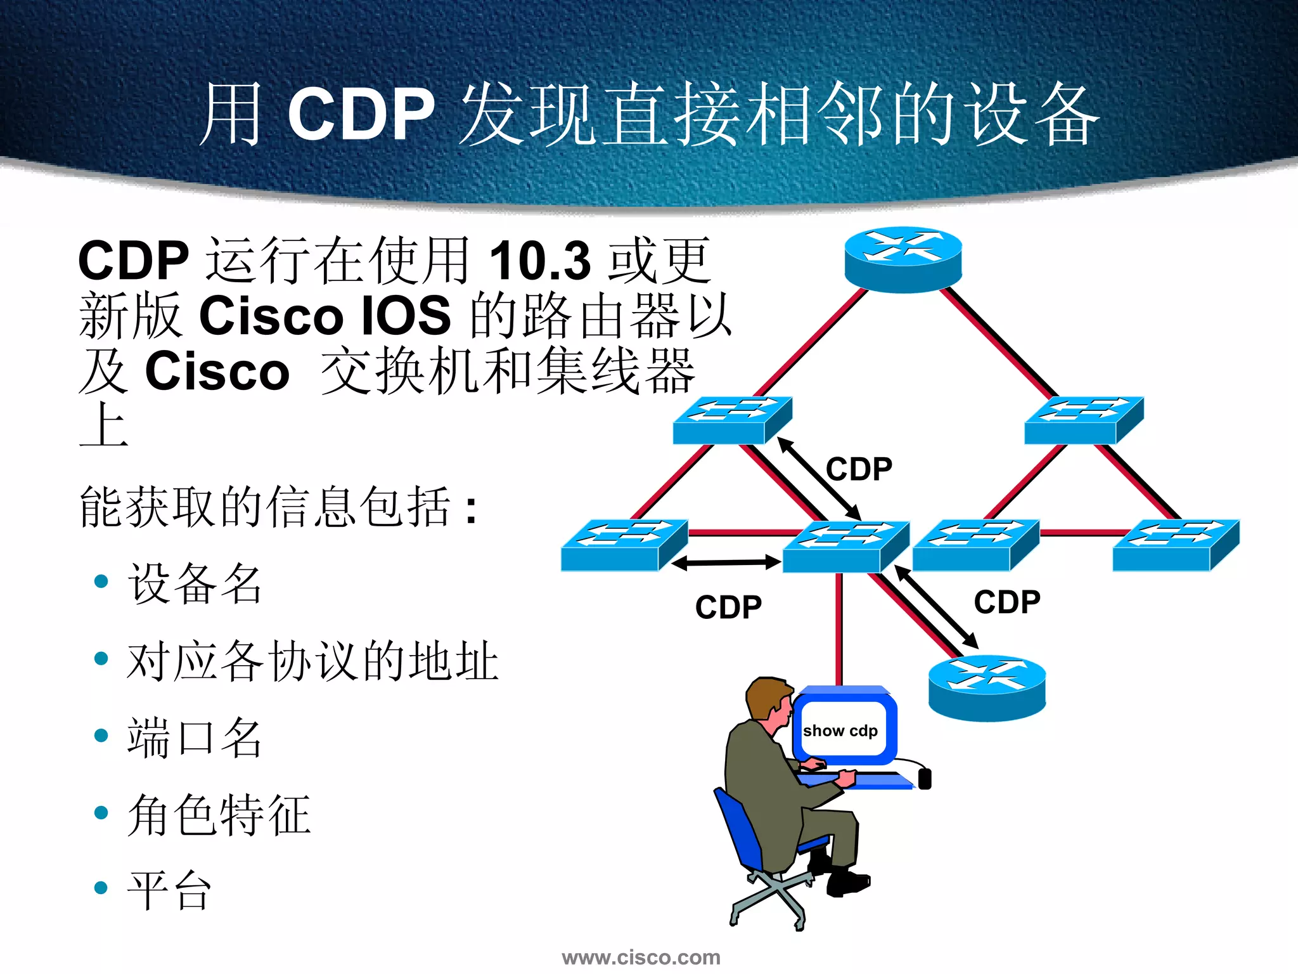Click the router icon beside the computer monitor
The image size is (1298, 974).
point(987,687)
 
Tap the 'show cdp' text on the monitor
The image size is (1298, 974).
point(840,731)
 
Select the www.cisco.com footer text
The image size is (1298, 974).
point(641,957)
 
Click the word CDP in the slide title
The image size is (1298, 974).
point(361,114)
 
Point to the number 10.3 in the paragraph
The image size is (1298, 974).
point(540,260)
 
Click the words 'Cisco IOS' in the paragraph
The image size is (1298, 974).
point(324,315)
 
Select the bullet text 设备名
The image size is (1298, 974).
point(195,583)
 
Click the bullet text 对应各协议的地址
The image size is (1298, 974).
point(312,661)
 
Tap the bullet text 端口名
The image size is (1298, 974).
point(195,737)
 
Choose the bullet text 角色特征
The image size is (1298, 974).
point(219,815)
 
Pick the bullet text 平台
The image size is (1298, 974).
point(169,890)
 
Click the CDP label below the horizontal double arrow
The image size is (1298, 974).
point(728,607)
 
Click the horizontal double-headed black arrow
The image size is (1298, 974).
point(726,562)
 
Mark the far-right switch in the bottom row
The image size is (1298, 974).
point(1176,545)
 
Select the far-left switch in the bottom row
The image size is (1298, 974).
point(624,545)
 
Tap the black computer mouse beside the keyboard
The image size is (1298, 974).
point(925,778)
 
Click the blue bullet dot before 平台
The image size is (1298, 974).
point(101,888)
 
